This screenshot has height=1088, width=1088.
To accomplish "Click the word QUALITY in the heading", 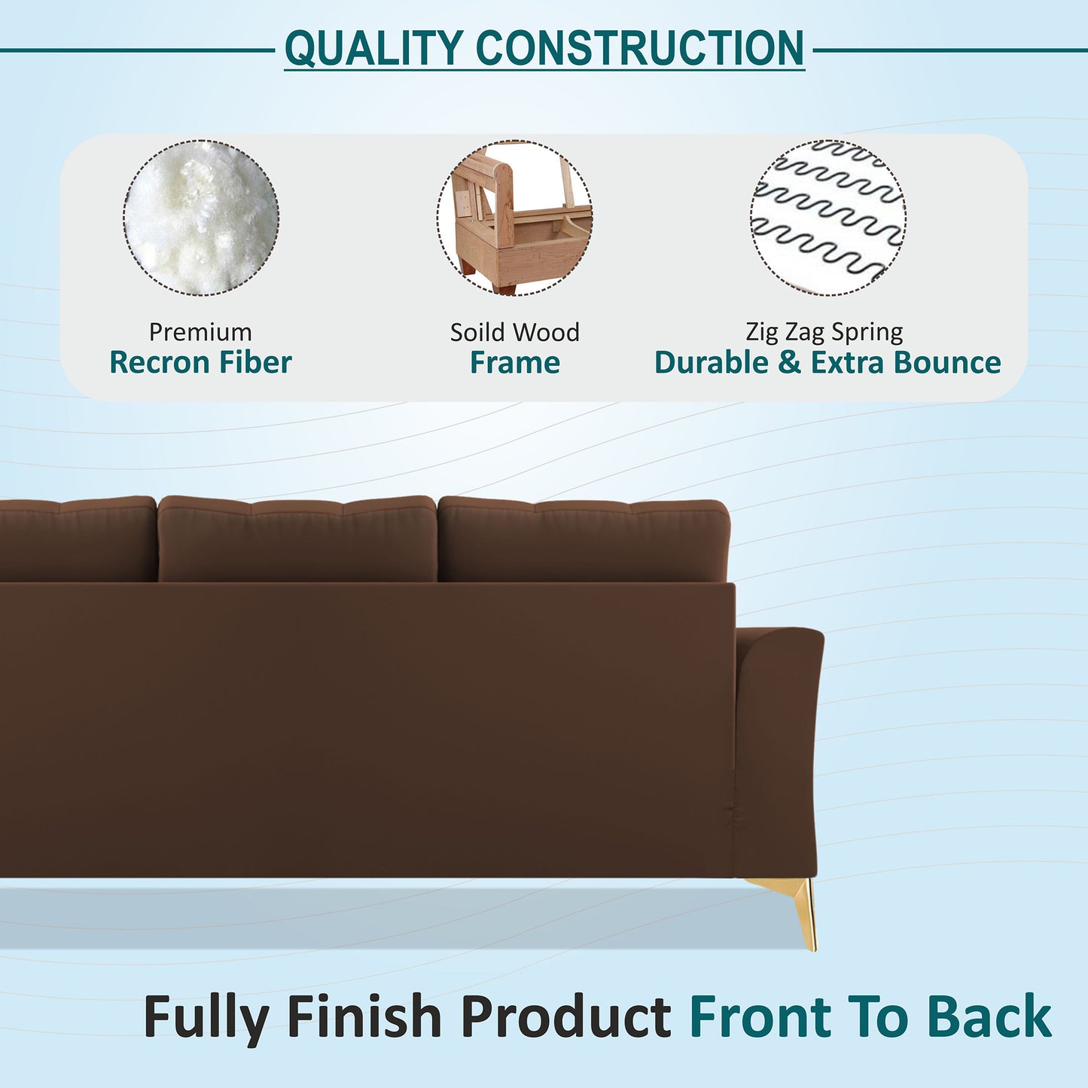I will tap(374, 49).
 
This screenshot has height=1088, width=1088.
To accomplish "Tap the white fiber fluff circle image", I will tap(201, 218).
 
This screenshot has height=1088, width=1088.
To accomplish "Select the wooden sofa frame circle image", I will tap(514, 218).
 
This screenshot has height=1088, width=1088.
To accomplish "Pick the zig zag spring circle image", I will tap(827, 218).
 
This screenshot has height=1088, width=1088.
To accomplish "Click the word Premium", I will tap(200, 332).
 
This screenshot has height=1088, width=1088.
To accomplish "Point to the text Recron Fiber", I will tap(200, 363).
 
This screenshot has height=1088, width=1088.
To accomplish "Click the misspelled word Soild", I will tap(477, 332).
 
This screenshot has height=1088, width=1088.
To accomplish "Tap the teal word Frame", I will tap(515, 363).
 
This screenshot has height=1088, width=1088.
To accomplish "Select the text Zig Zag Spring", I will tap(824, 332).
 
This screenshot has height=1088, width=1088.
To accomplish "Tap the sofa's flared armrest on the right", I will tap(779, 745).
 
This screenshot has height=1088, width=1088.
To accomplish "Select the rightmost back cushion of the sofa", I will tap(584, 541).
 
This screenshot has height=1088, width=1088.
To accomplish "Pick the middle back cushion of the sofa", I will tap(297, 539).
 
